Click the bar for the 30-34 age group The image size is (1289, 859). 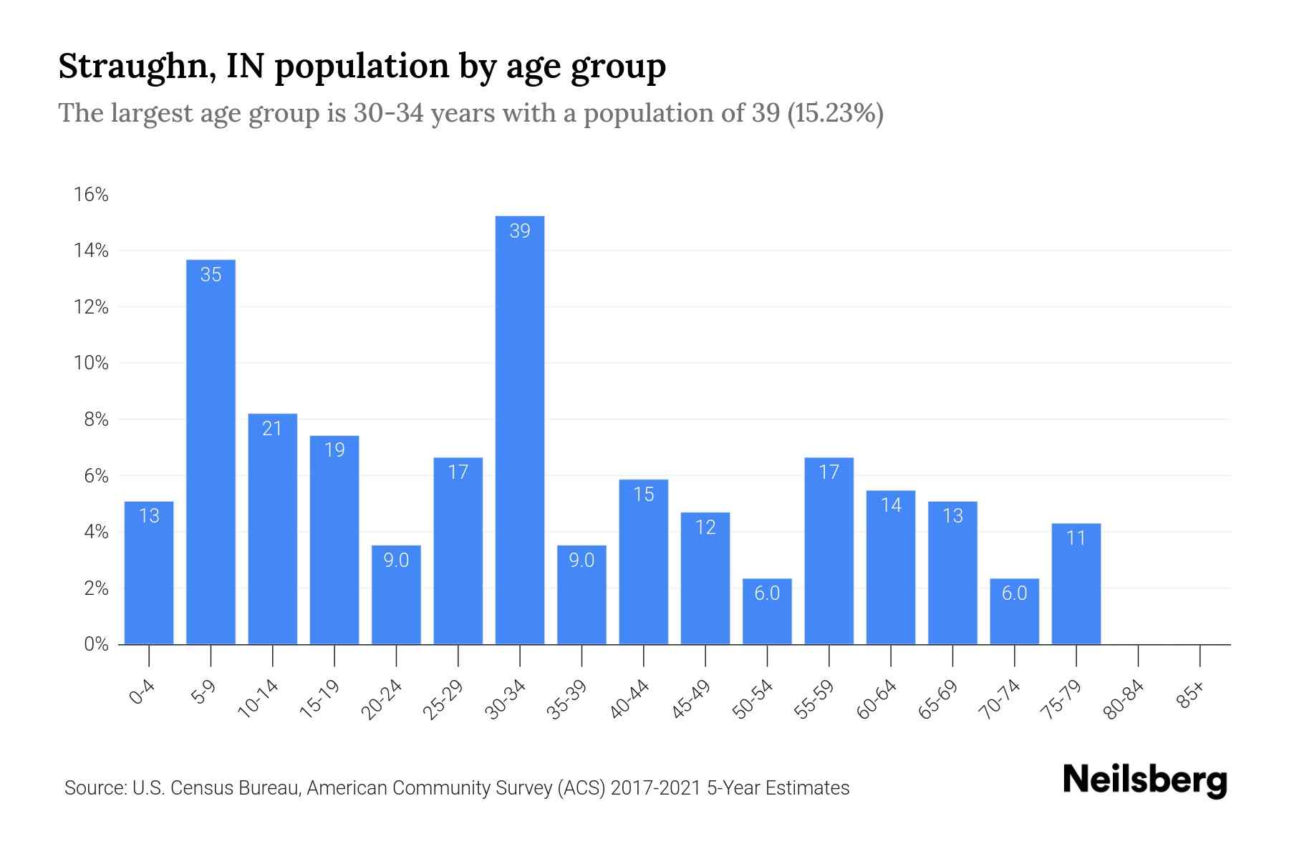519,429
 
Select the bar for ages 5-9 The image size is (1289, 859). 211,451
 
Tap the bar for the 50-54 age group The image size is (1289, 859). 767,612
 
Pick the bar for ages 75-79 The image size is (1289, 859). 1076,583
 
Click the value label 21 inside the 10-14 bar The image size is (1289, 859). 272,428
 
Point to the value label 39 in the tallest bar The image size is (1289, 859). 519,230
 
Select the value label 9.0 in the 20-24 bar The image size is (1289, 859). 396,560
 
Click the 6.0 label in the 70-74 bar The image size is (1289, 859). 1014,593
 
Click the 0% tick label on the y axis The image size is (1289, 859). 96,644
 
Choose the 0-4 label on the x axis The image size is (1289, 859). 143,693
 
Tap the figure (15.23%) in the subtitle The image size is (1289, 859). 835,113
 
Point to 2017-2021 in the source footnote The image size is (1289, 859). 655,788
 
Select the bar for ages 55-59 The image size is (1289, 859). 829,551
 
